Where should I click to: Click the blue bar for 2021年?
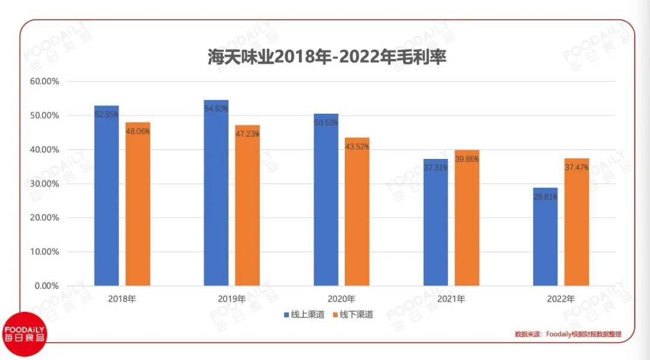435,226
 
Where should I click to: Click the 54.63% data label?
216,108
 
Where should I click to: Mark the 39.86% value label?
467,159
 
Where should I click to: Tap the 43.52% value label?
357,147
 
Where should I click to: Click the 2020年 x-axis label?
341,299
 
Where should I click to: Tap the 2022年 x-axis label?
561,299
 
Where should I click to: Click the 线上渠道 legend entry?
305,314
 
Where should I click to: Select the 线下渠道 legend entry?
352,314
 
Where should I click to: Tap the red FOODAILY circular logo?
24,334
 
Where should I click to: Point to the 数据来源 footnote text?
568,334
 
